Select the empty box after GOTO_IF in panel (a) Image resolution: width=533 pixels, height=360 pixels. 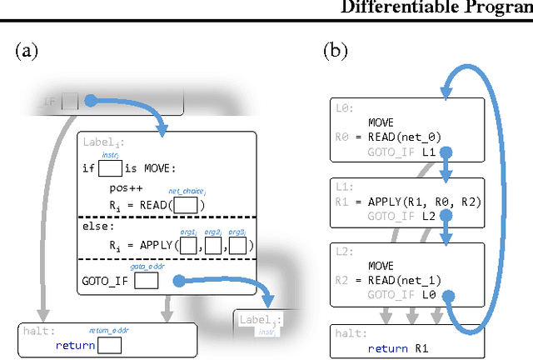[147, 281]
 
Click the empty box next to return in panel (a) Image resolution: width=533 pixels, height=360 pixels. [108, 345]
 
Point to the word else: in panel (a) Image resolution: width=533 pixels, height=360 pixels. [97, 226]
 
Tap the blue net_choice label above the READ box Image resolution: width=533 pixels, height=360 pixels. [187, 192]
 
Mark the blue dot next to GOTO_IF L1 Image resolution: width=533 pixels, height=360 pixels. [446, 153]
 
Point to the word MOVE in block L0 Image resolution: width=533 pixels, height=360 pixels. [381, 122]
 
